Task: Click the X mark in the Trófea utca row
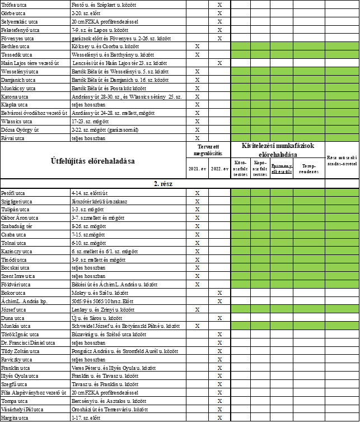tap(219, 4)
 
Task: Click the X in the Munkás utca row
tap(197, 325)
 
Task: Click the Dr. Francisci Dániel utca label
tap(28, 342)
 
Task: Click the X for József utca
tap(197, 309)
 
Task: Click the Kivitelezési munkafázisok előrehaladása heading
tap(277, 150)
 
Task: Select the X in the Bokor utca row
tap(219, 292)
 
